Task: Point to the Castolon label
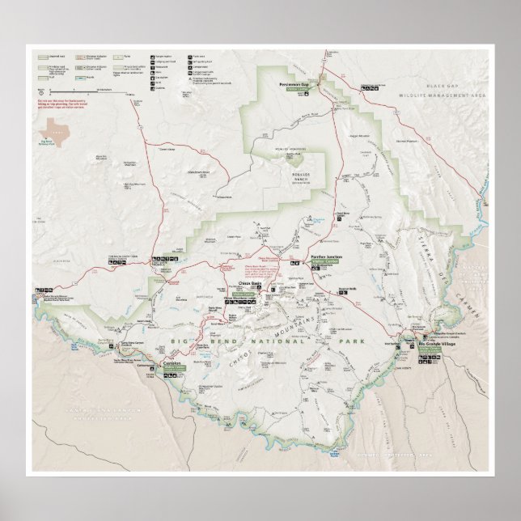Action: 171,364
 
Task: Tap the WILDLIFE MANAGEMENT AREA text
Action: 443,95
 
